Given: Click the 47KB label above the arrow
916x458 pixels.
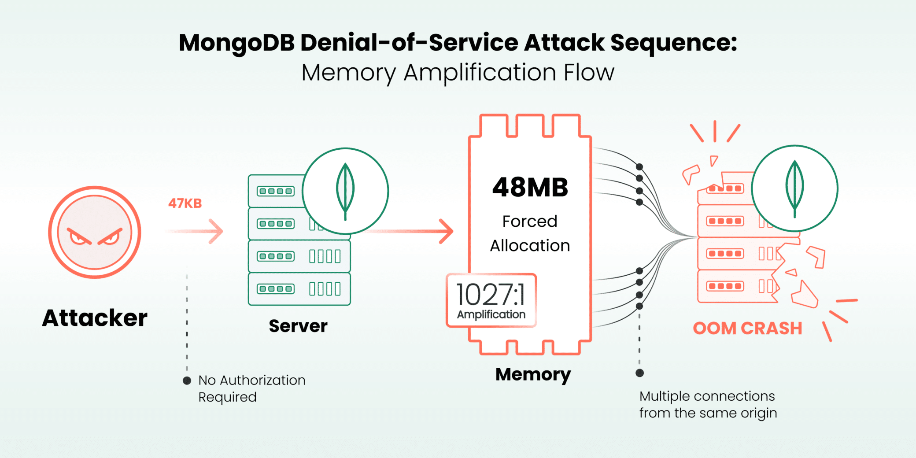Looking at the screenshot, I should point(185,203).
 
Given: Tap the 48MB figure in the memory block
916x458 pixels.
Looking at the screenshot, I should point(530,188).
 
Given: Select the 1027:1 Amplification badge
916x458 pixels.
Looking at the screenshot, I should point(491,301).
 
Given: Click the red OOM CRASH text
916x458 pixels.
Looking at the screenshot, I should point(747,329).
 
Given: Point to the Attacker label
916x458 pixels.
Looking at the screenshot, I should point(95,318).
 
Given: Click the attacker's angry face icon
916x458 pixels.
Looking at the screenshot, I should point(95,232).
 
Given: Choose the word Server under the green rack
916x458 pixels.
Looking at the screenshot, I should point(298,326).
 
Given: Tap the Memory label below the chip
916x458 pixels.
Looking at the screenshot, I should point(533,374).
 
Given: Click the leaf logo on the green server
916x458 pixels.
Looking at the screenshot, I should point(345,191).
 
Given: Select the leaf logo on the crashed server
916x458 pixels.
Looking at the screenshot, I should point(794,188).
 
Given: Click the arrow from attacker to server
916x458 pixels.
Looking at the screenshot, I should point(196,231).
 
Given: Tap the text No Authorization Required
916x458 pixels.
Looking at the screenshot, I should point(251,388).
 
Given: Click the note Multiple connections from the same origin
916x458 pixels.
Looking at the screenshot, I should point(708,404).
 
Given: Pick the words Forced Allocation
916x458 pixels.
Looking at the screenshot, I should point(530,233).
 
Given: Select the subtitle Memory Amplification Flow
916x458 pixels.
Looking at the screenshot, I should point(458,73).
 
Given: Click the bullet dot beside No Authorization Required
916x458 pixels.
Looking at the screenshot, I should point(187,380).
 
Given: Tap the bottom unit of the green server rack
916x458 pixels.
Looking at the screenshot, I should point(299,289).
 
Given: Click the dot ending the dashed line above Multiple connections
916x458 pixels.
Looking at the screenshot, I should point(640,373).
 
